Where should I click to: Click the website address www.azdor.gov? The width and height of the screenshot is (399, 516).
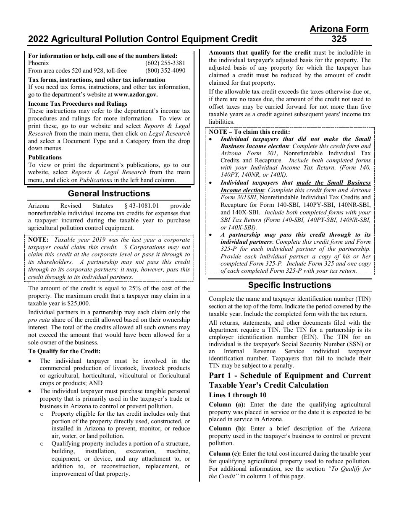(136, 94)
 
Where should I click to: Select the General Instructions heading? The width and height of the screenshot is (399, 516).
(109, 194)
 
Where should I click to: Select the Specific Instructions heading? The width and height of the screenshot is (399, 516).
(289, 285)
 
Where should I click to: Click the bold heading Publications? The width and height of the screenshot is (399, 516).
(45, 157)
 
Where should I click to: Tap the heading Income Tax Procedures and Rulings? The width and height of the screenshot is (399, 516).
(72, 104)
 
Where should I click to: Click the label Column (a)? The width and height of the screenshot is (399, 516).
(226, 405)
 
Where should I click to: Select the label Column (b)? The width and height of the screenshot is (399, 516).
(226, 429)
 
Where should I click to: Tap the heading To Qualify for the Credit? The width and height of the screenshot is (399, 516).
(64, 352)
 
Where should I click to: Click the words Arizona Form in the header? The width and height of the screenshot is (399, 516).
(339, 29)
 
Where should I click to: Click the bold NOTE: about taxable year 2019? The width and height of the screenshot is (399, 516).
(39, 240)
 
